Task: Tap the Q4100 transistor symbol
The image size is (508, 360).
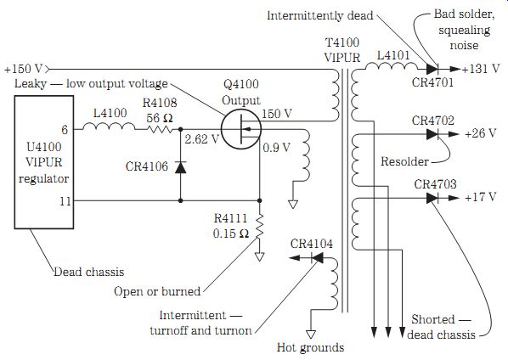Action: (241, 129)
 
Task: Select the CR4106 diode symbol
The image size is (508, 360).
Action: (180, 167)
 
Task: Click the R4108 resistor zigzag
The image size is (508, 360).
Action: (160, 130)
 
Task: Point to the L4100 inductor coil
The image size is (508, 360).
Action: (109, 127)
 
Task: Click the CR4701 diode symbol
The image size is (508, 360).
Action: (432, 69)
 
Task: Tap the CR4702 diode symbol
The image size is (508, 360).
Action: (432, 133)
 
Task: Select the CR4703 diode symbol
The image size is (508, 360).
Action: (432, 198)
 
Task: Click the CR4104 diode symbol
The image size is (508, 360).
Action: (317, 258)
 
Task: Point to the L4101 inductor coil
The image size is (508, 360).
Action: (392, 67)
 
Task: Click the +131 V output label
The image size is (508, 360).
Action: (481, 69)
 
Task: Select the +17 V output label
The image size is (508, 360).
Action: (481, 197)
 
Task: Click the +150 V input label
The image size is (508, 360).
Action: (24, 69)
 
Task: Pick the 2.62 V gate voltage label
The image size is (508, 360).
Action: (201, 139)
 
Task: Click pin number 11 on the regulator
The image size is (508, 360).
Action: (65, 201)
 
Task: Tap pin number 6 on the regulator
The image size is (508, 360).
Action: (65, 130)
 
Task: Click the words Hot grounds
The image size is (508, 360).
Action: (310, 348)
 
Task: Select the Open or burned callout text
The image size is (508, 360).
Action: (157, 291)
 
